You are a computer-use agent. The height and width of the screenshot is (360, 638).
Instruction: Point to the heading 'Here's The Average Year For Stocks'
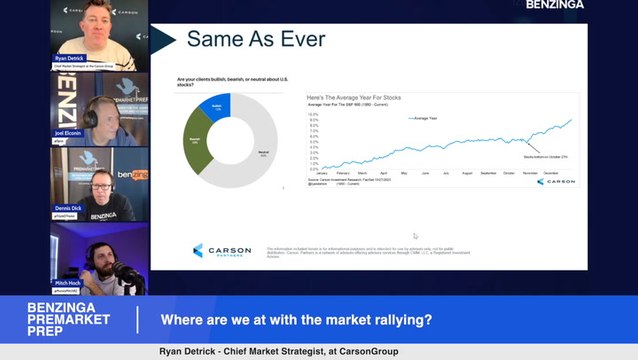click(355, 97)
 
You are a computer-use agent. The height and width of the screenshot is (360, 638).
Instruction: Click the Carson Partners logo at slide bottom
click(218, 250)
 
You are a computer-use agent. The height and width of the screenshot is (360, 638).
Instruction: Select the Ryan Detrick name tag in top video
click(70, 59)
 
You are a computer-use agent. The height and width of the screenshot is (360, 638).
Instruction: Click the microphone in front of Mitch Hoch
click(128, 274)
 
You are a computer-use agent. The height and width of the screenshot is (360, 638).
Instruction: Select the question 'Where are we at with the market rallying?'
click(297, 320)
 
